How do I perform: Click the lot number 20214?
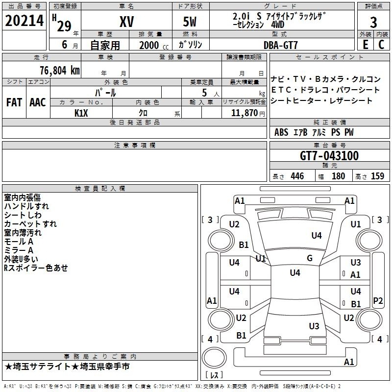24,21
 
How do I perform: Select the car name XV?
127,22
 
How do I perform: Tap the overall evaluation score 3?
373,23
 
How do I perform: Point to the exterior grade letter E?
366,45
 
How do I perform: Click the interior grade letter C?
381,45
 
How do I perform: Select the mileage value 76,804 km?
60,71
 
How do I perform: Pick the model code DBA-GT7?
281,45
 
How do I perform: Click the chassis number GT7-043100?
329,156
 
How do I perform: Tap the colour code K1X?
81,113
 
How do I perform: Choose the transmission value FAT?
14,102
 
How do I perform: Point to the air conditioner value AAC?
38,102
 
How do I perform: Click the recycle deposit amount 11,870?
245,113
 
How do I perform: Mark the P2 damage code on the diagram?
378,300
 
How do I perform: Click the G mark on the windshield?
310,258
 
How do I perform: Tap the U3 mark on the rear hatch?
314,326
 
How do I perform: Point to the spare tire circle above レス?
214,358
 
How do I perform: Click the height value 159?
377,176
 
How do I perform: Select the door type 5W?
190,22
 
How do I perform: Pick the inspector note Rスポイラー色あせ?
36,268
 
